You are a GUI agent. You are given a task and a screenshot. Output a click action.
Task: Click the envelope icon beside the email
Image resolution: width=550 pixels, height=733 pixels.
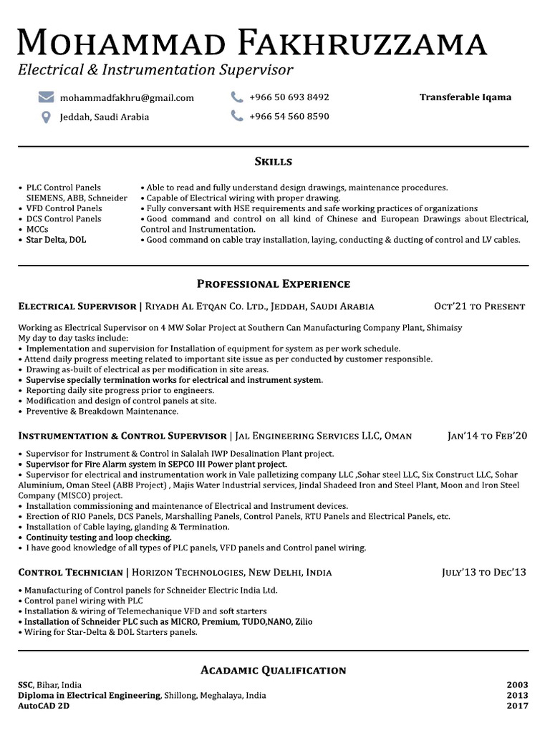47,97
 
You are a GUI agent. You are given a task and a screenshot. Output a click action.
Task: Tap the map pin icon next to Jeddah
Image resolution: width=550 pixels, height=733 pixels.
47,117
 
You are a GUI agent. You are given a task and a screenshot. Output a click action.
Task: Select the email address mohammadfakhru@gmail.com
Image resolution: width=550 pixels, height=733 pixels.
127,98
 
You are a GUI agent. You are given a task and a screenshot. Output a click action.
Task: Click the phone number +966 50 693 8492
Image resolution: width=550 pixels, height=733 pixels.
289,97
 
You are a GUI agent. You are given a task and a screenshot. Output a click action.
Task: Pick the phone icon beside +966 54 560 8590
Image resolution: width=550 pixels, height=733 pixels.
237,116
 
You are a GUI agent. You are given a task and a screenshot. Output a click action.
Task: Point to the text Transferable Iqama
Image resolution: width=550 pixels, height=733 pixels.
465,97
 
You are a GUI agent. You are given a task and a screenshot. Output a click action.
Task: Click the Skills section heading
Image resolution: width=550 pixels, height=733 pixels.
274,162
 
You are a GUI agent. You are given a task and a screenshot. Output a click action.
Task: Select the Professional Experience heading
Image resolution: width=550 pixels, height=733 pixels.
274,284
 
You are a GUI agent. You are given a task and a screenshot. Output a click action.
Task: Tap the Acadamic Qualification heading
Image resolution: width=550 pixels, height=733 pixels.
274,671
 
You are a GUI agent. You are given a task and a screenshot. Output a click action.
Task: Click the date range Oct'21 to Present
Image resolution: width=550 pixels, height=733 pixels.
480,306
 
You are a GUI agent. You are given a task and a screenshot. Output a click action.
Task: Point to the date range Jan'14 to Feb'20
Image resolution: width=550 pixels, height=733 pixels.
487,435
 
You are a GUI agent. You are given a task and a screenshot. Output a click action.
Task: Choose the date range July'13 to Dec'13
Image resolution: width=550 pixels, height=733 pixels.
483,573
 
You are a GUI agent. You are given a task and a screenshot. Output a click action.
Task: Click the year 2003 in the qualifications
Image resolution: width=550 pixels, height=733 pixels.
516,685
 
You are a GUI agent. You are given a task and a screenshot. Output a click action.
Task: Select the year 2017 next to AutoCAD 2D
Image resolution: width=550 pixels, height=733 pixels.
516,706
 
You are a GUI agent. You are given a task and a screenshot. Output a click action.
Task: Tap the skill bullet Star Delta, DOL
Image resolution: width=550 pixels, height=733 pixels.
56,241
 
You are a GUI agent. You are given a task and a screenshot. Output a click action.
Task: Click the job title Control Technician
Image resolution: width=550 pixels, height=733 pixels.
70,573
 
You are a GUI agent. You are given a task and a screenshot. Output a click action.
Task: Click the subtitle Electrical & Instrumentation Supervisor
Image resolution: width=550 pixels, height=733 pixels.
156,70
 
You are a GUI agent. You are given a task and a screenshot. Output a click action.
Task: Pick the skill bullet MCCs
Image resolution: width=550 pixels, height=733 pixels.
38,230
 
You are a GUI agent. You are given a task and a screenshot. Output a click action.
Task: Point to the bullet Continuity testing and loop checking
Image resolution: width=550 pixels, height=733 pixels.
99,538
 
